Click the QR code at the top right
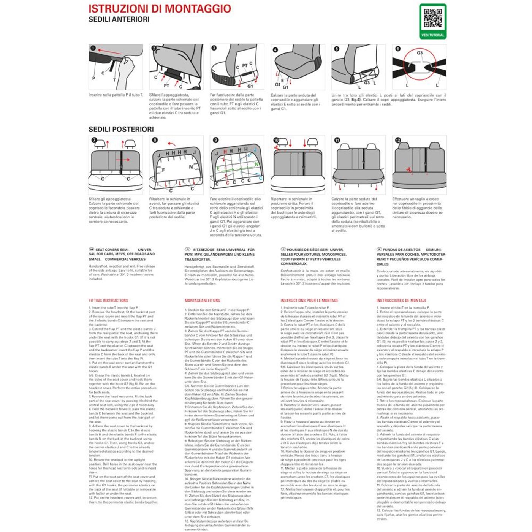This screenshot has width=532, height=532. (x=432, y=19)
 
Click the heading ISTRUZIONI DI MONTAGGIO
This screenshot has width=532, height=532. (x=160, y=9)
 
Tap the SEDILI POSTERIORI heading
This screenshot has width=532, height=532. (x=121, y=130)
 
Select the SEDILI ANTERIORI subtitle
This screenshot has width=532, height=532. (x=119, y=19)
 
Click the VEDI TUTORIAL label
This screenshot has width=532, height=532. (x=432, y=35)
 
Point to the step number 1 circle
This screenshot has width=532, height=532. (x=93, y=48)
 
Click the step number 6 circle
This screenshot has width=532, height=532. (x=398, y=49)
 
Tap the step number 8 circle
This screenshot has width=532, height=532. (x=155, y=140)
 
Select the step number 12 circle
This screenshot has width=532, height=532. (x=398, y=140)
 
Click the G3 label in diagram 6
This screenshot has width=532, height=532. (x=420, y=53)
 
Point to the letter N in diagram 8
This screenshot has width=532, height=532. (x=191, y=167)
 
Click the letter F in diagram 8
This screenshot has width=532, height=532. (x=163, y=170)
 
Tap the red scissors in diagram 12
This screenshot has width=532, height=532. (x=409, y=170)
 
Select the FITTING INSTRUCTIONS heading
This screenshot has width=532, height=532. (x=108, y=301)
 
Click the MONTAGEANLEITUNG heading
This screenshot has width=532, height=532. (x=202, y=301)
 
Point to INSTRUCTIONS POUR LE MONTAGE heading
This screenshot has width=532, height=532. (x=309, y=301)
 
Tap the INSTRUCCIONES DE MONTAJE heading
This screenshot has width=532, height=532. (x=401, y=301)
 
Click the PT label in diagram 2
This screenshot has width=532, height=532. (x=166, y=86)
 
